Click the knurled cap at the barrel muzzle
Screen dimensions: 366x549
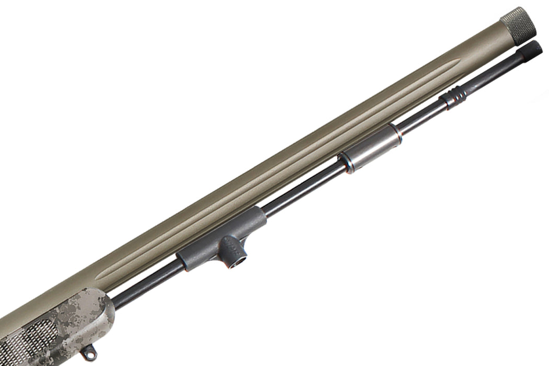pyautogui.click(x=518, y=25)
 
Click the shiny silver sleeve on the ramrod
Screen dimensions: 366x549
pyautogui.click(x=371, y=148)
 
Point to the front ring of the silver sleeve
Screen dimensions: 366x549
pyautogui.click(x=398, y=133)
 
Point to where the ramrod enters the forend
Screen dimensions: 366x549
pyautogui.click(x=115, y=303)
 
